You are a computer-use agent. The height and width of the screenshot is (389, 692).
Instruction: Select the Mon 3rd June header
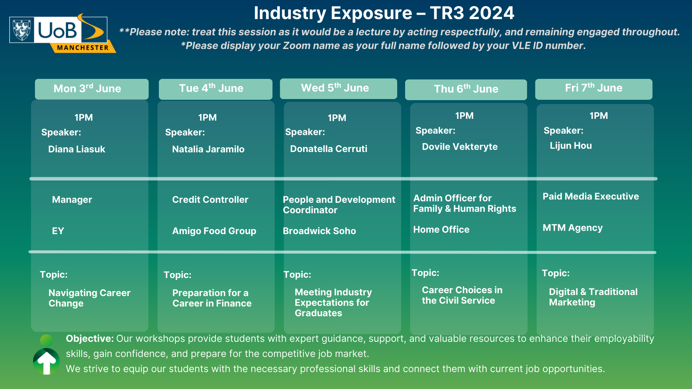coord(92,89)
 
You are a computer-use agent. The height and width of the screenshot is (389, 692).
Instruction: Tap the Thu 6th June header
coord(466,89)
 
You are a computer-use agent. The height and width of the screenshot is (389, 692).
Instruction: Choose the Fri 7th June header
coord(594,89)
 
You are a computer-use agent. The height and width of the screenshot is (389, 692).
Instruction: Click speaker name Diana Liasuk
coord(77,149)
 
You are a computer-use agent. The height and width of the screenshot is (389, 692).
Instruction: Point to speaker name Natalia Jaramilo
coord(208,149)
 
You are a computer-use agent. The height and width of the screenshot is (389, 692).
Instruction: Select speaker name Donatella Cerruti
coord(329,149)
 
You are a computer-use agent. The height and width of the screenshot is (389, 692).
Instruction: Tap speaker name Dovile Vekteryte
coord(460,147)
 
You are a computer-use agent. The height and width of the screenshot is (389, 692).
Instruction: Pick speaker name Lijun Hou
coord(571,146)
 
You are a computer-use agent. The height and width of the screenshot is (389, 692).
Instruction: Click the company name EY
coord(58,231)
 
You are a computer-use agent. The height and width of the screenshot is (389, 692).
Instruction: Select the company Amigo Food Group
coord(214,231)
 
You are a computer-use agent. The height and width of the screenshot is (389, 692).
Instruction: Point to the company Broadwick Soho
coord(319,231)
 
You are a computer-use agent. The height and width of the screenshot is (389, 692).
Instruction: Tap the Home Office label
coord(441,229)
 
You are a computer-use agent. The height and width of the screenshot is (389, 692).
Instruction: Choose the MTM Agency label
coord(573,228)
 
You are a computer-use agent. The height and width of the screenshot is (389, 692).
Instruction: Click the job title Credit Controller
coord(210,200)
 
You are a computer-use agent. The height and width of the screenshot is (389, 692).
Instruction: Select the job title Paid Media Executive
coord(591,196)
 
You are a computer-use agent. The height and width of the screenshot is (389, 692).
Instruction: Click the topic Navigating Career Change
coord(89,298)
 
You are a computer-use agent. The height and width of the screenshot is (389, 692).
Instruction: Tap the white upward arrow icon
coord(46,362)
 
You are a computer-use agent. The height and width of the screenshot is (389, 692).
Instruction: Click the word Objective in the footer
coord(90,339)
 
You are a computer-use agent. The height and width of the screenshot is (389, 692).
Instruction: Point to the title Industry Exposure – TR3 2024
coord(384,13)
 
